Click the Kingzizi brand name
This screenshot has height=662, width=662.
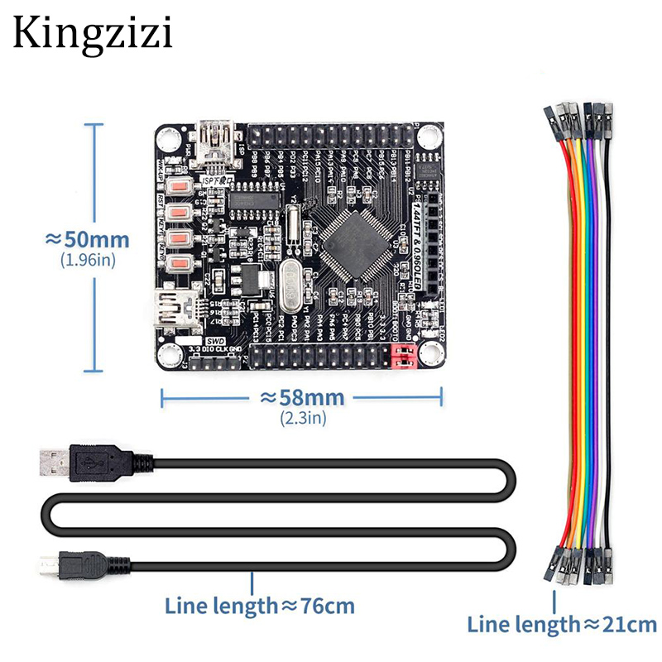pos(92,34)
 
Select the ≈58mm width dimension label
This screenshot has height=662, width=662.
pos(302,397)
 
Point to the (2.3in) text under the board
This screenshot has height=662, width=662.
pos(303,417)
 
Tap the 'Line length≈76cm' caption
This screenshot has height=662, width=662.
pos(260,606)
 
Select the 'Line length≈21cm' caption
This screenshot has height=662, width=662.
pos(562,624)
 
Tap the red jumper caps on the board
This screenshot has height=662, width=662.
pos(403,357)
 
